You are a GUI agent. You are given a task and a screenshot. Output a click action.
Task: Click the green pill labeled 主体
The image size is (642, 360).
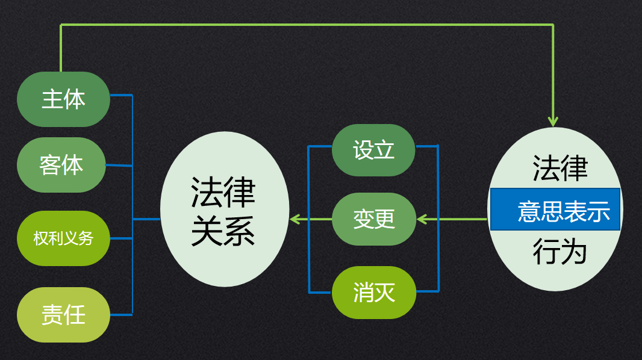click(x=63, y=99)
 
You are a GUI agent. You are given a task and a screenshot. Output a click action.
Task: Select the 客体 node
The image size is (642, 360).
click(x=61, y=165)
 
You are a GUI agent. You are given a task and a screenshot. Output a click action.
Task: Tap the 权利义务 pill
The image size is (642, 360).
click(x=63, y=238)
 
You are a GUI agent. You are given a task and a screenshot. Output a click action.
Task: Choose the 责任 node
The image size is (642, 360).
click(x=63, y=315)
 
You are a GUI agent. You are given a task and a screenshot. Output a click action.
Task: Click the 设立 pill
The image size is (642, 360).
click(x=373, y=150)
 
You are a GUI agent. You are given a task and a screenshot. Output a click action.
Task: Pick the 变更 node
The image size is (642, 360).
click(x=374, y=219)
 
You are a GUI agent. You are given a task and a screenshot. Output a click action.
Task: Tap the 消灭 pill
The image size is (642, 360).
click(x=374, y=293)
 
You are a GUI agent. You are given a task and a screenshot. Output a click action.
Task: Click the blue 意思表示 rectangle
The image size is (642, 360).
click(x=555, y=209)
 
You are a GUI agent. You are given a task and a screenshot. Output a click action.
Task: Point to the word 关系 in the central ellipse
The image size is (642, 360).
click(x=223, y=231)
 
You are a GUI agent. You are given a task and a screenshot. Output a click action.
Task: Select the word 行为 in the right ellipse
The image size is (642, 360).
click(x=559, y=251)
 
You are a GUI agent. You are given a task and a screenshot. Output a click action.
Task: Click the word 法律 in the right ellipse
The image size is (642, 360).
click(x=559, y=168)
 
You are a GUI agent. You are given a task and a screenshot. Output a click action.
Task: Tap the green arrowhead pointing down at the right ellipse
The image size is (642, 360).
click(x=553, y=122)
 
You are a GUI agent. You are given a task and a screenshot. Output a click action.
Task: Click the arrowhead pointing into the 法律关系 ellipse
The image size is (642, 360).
click(x=294, y=219)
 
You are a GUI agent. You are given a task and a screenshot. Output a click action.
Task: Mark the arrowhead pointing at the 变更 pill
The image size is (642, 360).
click(x=422, y=219)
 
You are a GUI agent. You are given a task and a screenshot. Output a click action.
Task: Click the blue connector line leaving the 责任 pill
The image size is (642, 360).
click(x=121, y=315)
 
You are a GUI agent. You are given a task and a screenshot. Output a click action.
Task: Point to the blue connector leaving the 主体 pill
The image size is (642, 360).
click(x=121, y=95)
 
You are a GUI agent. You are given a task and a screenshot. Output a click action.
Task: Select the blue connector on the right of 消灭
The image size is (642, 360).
click(x=428, y=292)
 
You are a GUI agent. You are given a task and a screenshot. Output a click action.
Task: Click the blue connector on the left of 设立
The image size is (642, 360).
click(x=320, y=146)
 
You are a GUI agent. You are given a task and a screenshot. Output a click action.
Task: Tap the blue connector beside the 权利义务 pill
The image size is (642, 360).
click(x=121, y=238)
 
